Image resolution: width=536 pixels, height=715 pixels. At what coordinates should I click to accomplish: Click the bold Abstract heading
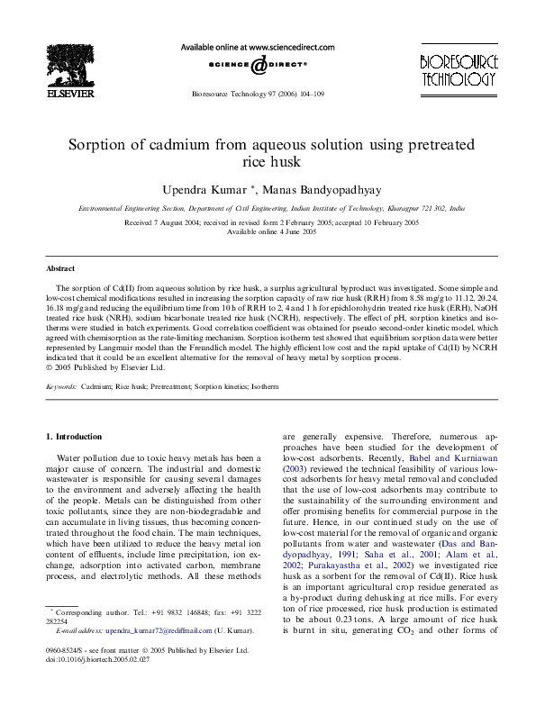tap(61, 268)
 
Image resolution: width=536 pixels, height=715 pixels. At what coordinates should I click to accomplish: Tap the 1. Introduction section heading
tap(74, 437)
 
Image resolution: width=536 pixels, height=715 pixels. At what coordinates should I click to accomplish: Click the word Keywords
tap(62, 385)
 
